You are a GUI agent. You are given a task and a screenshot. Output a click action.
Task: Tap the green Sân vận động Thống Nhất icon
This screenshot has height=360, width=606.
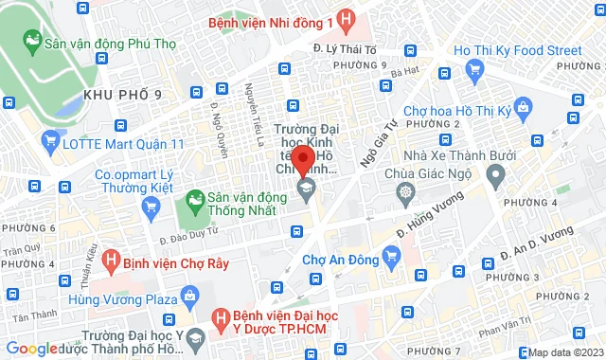click(x=195, y=200)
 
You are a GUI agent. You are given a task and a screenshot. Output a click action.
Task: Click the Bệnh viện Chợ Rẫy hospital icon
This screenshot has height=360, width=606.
click(x=113, y=257)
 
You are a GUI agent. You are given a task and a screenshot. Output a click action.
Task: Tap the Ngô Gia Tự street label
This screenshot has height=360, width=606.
click(x=380, y=145)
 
